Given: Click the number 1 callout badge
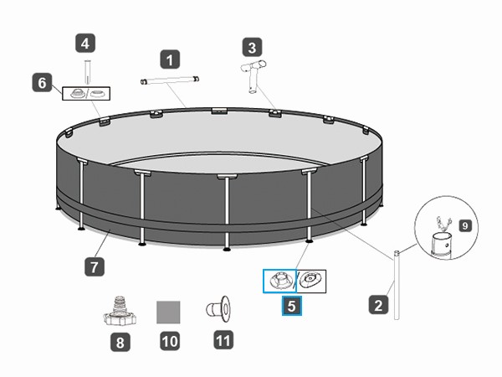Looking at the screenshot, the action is point(170,59).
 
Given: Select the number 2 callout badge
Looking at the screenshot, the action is point(378,305).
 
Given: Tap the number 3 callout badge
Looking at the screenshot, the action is point(253,48).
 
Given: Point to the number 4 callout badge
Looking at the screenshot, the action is point(85,44).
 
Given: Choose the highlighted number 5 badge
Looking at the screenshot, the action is point(292,306).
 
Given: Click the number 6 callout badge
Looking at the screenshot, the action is point(43,83).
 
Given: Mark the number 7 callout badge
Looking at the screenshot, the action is point(95,266).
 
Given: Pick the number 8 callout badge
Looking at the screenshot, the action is point(120,342).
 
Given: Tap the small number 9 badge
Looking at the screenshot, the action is point(465,225).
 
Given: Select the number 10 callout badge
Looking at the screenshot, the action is point(170,341).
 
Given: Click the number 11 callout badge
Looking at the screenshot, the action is point(223,340).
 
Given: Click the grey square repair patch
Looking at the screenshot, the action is point(168,312).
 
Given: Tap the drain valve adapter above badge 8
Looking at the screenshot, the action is point(120,311).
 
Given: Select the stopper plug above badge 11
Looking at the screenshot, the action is point(218,309).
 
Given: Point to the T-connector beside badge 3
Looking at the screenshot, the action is point(254,75).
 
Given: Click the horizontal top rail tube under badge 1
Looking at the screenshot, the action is point(170,80).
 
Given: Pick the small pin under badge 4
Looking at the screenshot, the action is point(87,72).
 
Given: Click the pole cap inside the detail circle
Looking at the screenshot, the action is point(441,245).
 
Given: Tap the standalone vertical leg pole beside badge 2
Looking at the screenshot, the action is point(397,285).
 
